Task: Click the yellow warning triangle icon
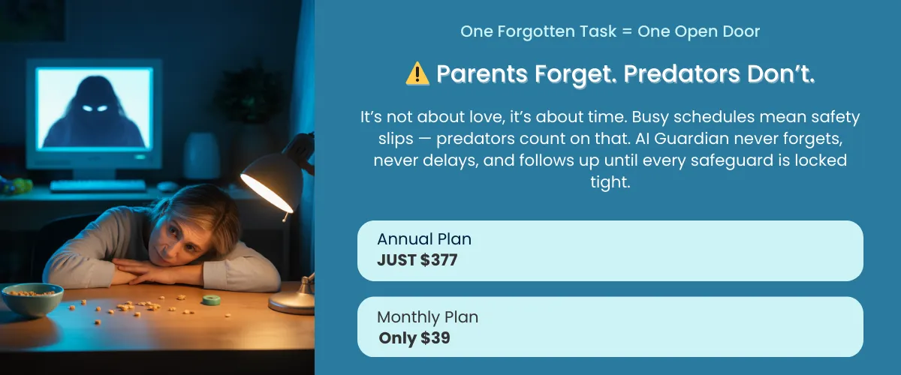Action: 417,73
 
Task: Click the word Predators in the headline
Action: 682,74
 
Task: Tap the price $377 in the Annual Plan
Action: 438,260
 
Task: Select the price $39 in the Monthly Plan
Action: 435,338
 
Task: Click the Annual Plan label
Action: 424,239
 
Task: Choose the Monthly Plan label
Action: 427,317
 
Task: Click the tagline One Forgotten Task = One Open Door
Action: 610,31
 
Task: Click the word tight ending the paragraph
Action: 609,182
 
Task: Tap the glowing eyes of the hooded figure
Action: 95,108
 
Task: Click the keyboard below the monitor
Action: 98,185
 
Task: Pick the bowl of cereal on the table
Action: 32,298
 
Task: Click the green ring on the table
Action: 211,300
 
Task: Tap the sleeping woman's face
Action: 179,238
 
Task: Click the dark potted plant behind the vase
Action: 249,94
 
